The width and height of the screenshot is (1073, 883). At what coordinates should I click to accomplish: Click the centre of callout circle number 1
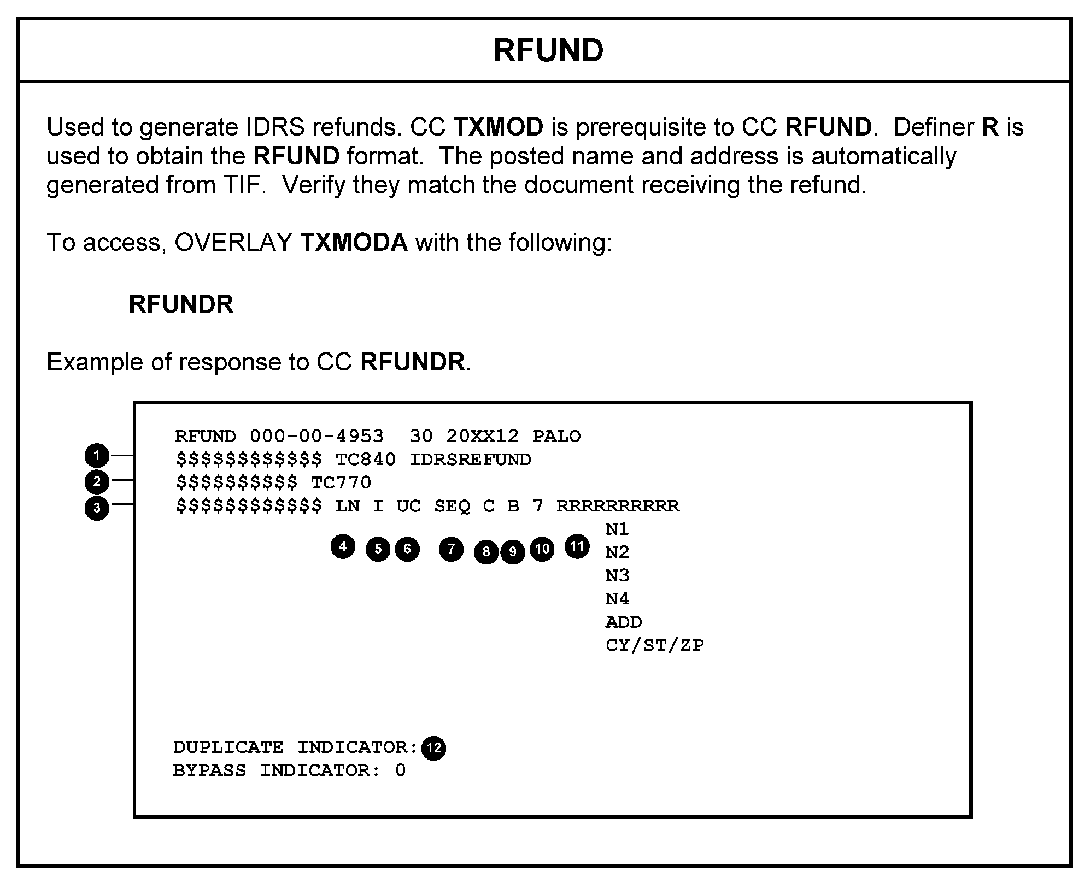pyautogui.click(x=97, y=455)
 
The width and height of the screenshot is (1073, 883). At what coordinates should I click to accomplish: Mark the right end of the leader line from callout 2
pyautogui.click(x=134, y=480)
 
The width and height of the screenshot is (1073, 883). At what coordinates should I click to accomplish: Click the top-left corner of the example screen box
pyautogui.click(x=134, y=402)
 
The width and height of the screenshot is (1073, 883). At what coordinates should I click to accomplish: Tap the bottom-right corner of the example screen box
pyautogui.click(x=971, y=816)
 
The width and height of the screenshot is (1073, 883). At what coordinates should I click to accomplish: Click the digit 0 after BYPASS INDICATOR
pyautogui.click(x=400, y=770)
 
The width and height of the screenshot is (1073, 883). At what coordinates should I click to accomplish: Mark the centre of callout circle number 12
pyautogui.click(x=434, y=747)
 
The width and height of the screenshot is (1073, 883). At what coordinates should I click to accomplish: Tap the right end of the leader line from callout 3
pyautogui.click(x=134, y=504)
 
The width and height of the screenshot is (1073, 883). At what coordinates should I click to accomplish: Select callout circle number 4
pyautogui.click(x=343, y=546)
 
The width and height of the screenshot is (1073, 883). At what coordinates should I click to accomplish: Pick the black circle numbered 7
pyautogui.click(x=451, y=549)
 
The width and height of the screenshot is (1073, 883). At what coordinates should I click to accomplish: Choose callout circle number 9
pyautogui.click(x=513, y=552)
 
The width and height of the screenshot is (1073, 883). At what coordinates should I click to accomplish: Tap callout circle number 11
pyautogui.click(x=577, y=546)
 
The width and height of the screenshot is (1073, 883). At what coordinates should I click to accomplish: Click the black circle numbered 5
pyautogui.click(x=378, y=549)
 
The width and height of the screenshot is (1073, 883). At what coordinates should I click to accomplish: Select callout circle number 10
pyautogui.click(x=542, y=549)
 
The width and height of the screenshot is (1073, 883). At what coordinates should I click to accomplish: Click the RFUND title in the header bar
pyautogui.click(x=548, y=50)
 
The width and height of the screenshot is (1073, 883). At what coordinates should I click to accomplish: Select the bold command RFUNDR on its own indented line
pyautogui.click(x=181, y=304)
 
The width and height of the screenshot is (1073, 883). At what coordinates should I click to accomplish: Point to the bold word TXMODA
pyautogui.click(x=354, y=242)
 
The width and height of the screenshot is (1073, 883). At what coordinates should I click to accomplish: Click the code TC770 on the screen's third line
pyautogui.click(x=341, y=482)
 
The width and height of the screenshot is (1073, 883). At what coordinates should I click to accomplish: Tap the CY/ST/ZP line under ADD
pyautogui.click(x=655, y=645)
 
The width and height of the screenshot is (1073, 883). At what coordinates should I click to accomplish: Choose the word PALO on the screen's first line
pyautogui.click(x=557, y=436)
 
